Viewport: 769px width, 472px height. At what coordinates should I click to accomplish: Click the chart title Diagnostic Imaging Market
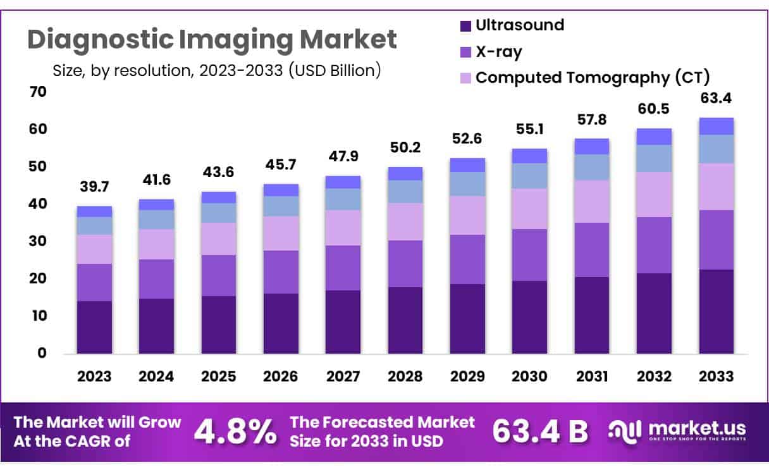[x=212, y=39]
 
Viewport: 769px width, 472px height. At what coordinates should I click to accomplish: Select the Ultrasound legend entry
[x=519, y=25]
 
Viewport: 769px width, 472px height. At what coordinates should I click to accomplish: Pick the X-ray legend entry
[x=498, y=51]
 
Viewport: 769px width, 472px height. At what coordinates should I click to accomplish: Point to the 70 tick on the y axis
[x=38, y=92]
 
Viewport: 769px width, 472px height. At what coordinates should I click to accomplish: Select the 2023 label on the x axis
[x=94, y=376]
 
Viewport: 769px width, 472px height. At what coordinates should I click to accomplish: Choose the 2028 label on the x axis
[x=405, y=376]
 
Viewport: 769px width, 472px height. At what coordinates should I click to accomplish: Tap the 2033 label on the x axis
[x=717, y=376]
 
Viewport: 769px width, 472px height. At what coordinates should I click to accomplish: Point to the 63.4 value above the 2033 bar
[x=717, y=99]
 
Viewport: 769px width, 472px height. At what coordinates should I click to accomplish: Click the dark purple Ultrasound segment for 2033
[x=717, y=311]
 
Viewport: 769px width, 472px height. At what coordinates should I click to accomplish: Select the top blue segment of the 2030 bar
[x=530, y=156]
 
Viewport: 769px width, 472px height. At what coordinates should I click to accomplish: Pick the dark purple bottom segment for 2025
[x=219, y=324]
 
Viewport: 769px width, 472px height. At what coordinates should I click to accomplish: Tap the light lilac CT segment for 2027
[x=343, y=228]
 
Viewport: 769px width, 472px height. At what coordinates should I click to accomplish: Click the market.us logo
[x=677, y=430]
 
